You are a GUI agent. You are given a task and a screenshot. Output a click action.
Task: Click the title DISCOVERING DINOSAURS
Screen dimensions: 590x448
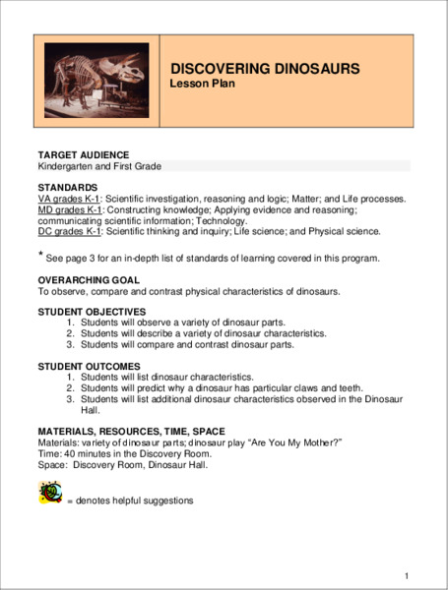pos(265,69)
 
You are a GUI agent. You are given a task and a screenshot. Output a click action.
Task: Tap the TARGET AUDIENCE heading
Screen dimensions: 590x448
pos(81,155)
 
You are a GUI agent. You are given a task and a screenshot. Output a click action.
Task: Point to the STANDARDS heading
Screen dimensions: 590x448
pos(67,187)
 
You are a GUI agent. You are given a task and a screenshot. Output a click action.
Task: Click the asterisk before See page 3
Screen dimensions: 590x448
pos(41,256)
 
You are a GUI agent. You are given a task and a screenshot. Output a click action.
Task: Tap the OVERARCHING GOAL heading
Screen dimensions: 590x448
pos(88,280)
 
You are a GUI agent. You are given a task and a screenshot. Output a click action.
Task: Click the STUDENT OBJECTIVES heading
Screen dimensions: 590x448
pos(91,312)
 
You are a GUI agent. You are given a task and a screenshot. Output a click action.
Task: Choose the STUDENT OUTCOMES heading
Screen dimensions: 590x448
pos(88,366)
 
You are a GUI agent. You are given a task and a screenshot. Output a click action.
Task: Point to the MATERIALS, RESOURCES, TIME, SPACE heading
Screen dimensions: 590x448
pos(131,432)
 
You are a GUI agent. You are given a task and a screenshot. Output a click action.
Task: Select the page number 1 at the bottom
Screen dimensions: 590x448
pos(407,574)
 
